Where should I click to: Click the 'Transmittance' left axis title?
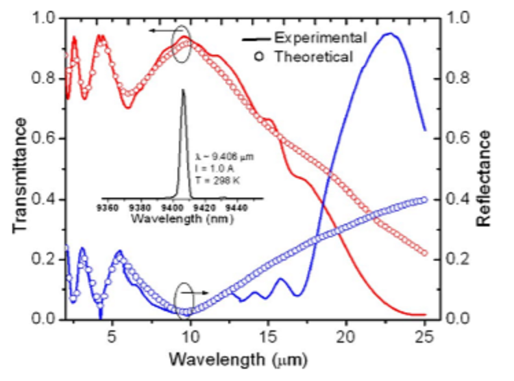[21, 174]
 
